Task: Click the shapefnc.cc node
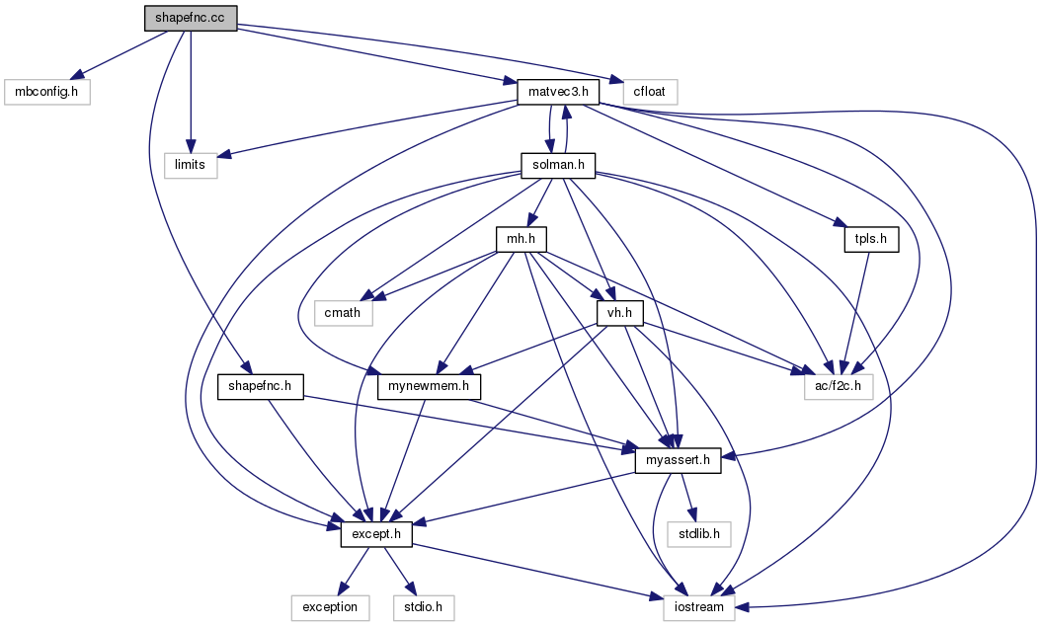190,19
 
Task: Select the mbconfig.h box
47,93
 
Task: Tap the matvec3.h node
558,93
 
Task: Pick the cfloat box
644,93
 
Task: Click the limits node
190,165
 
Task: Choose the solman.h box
558,165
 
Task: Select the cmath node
344,313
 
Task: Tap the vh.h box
619,313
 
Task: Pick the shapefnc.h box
260,386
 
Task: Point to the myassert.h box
678,460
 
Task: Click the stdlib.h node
697,534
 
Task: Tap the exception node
330,607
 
